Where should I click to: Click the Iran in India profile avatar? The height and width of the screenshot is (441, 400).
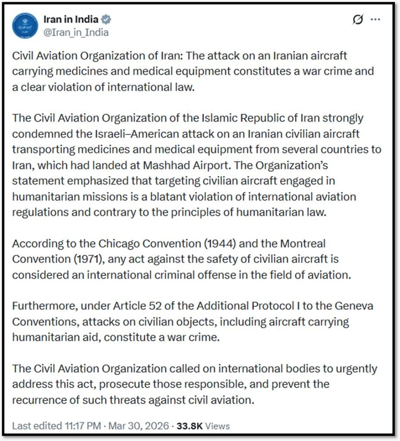(x=25, y=25)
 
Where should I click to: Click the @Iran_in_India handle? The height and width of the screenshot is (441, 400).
(x=76, y=32)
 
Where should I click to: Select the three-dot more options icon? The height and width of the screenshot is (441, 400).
(x=375, y=20)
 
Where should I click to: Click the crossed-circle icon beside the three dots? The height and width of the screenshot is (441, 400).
(x=358, y=20)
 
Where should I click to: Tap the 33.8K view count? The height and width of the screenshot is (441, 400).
(x=189, y=426)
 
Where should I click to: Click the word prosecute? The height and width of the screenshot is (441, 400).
(x=165, y=384)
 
